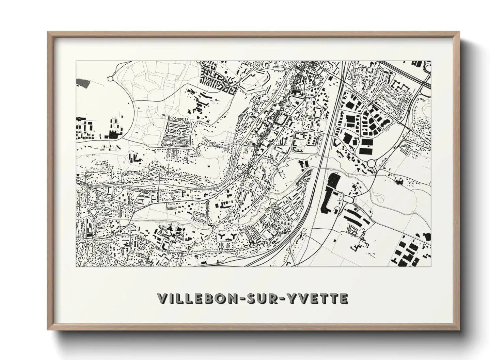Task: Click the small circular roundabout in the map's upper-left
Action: click(110, 79)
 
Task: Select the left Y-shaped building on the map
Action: click(222, 236)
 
